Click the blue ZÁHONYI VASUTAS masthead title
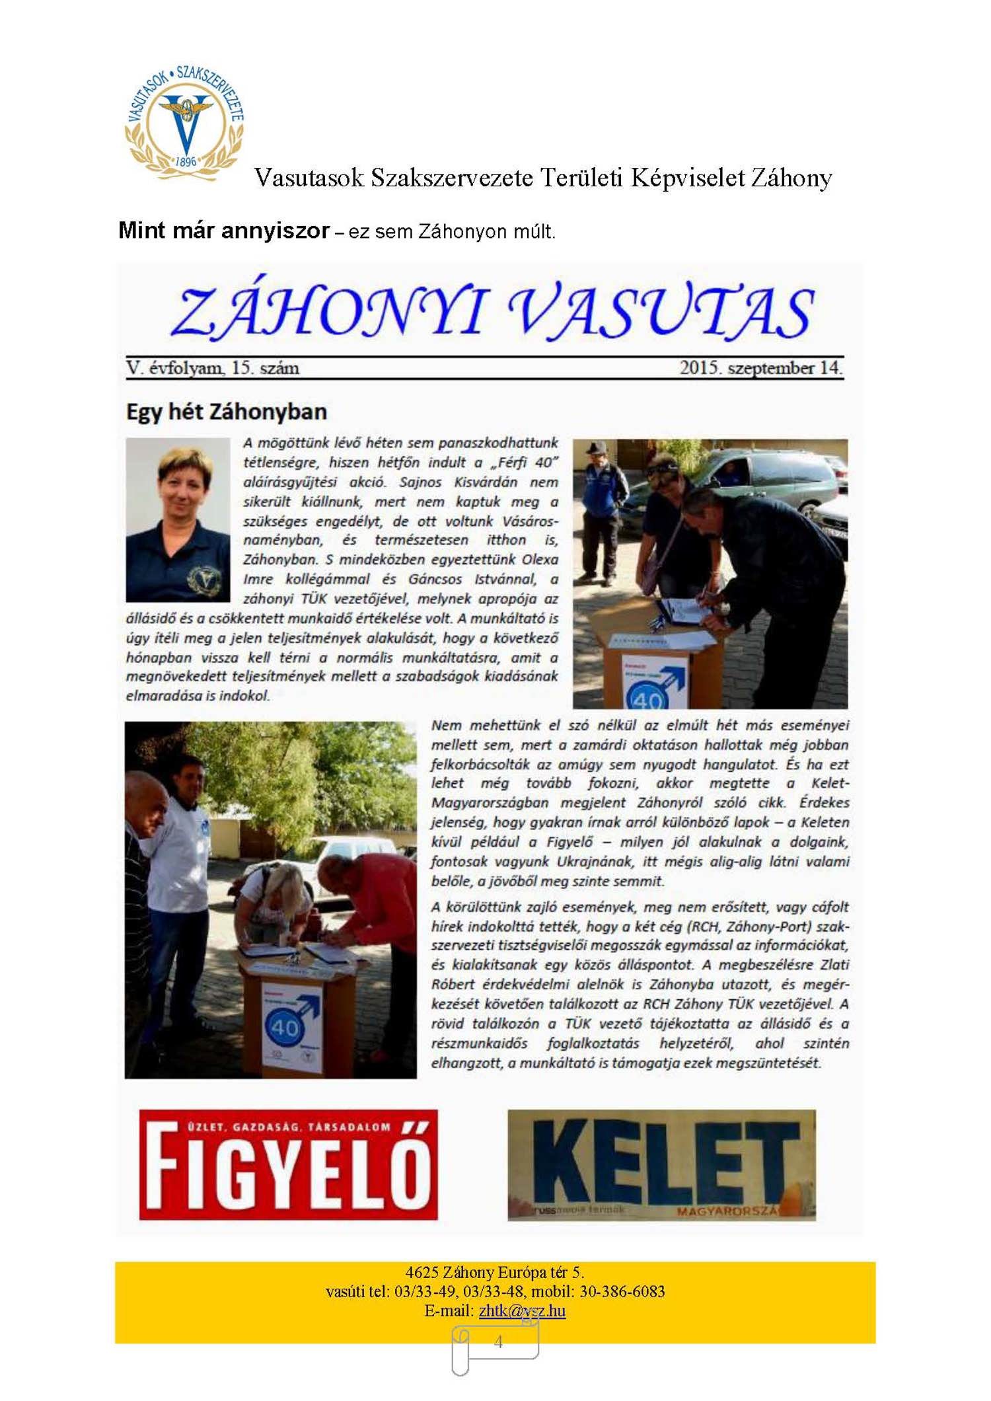tap(492, 311)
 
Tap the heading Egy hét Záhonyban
tap(227, 412)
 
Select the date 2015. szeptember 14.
tap(760, 367)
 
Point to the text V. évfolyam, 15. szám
tap(213, 367)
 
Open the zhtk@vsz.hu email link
tap(522, 1310)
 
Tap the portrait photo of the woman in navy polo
tap(178, 519)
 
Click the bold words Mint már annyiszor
tap(223, 231)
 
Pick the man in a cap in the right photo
tap(603, 509)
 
